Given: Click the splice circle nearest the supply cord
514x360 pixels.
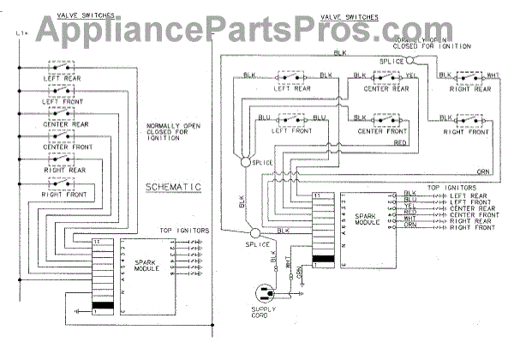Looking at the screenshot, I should pyautogui.click(x=254, y=233).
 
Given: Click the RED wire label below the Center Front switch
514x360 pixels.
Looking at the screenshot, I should pyautogui.click(x=400, y=144).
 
